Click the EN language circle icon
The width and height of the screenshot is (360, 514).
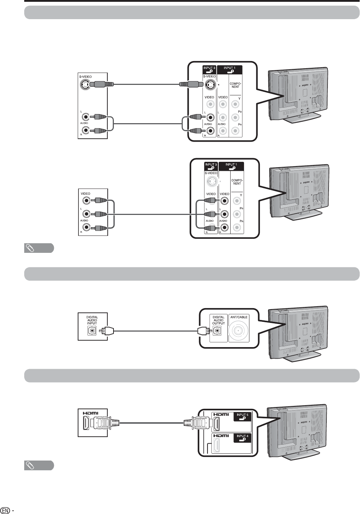(x=5, y=510)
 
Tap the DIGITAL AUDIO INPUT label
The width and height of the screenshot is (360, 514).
(x=92, y=320)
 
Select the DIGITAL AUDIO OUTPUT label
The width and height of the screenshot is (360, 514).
(x=218, y=320)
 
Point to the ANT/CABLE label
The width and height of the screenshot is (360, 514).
(x=239, y=317)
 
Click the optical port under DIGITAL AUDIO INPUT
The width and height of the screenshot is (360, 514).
(x=92, y=330)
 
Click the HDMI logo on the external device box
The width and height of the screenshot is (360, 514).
(x=90, y=413)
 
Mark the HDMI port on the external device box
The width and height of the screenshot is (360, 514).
(x=86, y=423)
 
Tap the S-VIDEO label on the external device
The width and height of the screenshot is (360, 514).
(x=86, y=77)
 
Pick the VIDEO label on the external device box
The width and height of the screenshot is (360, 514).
(x=86, y=194)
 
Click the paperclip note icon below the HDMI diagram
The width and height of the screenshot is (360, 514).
(x=39, y=466)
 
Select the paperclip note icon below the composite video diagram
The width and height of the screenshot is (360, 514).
(x=39, y=248)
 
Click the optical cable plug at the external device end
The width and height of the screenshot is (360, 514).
(x=107, y=330)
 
